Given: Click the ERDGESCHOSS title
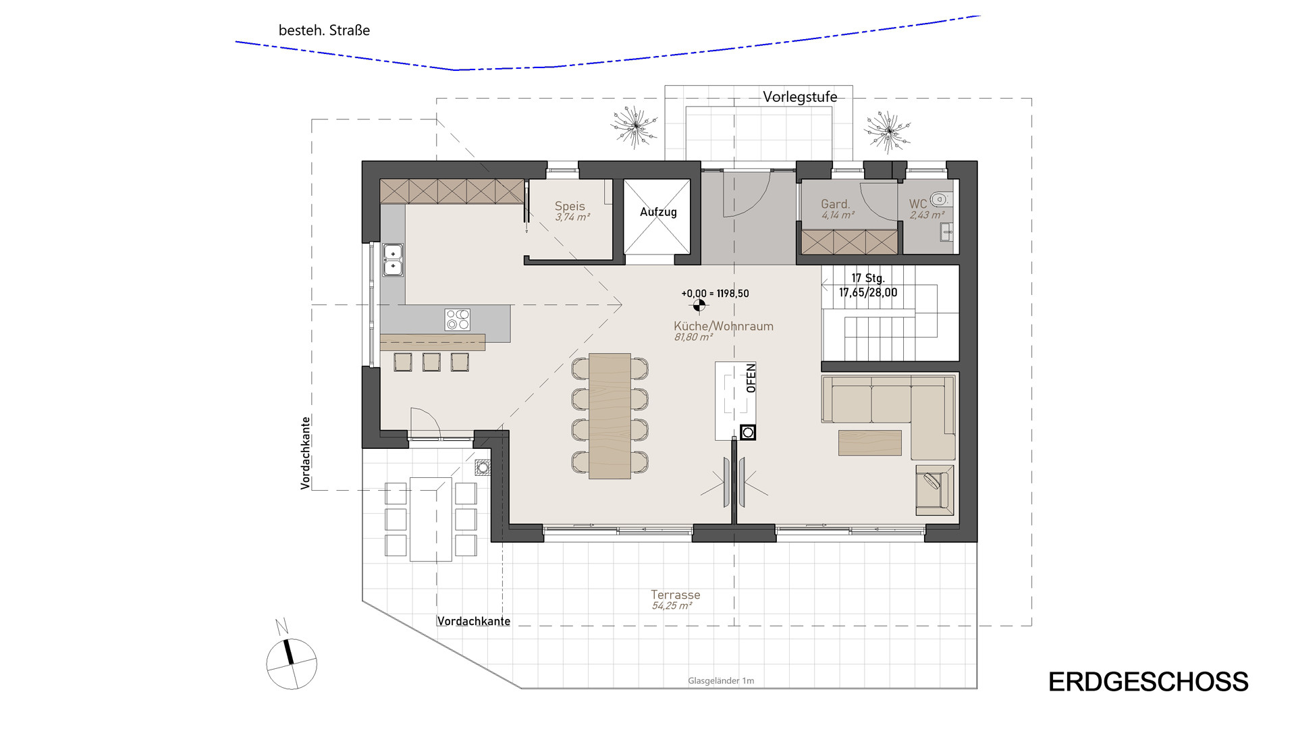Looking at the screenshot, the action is click(x=1148, y=682).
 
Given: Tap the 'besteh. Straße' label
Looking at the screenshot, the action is click(x=324, y=30).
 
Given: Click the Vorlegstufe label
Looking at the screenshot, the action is click(x=800, y=97).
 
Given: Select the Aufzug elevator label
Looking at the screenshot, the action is click(x=658, y=212).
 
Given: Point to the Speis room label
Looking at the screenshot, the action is click(x=570, y=206).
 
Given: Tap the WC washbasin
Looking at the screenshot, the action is click(x=946, y=234).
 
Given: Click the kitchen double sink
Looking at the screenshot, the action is click(x=393, y=260).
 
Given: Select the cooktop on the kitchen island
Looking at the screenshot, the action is click(x=457, y=319).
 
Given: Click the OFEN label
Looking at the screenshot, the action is click(x=751, y=378).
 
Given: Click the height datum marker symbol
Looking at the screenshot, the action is click(x=699, y=306).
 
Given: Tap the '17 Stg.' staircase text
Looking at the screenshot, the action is click(x=867, y=278).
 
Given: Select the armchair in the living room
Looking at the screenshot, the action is click(x=935, y=489).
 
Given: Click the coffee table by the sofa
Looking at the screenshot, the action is click(x=870, y=442).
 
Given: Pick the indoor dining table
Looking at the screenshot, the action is click(x=610, y=416).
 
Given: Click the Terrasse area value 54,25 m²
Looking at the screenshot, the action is click(x=672, y=606).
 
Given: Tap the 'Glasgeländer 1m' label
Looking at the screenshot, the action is click(x=721, y=681).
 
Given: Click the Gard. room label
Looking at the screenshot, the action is click(x=835, y=204).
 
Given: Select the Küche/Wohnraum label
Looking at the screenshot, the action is click(x=724, y=326).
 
